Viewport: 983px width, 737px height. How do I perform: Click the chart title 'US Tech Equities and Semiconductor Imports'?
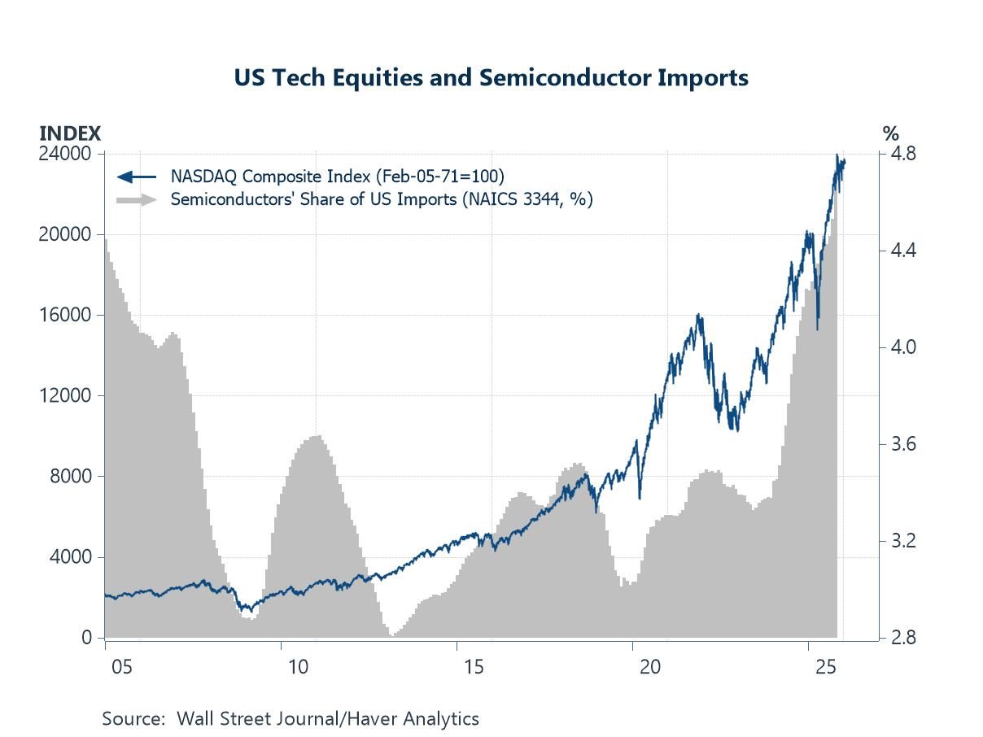(x=491, y=78)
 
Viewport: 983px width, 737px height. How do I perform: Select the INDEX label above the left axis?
(x=71, y=133)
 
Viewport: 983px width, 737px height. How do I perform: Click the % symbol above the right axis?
(x=890, y=133)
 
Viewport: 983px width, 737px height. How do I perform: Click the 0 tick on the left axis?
(x=87, y=638)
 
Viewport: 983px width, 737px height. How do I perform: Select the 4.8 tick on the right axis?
(x=904, y=154)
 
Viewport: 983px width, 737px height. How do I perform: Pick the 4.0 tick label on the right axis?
(x=904, y=347)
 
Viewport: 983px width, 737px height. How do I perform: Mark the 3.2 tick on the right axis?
(x=904, y=541)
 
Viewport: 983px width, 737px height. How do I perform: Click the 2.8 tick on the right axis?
(x=904, y=638)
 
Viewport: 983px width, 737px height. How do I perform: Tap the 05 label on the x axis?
(x=122, y=667)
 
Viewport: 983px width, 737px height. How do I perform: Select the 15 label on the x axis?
(x=474, y=667)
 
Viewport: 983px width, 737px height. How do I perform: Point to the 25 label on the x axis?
(x=825, y=667)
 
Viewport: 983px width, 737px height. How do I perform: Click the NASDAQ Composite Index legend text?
(x=337, y=176)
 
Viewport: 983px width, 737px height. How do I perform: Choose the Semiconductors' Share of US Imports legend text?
(x=381, y=199)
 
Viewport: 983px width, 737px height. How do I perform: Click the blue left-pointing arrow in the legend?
(x=137, y=176)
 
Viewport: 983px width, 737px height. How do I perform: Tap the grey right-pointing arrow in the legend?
(x=137, y=199)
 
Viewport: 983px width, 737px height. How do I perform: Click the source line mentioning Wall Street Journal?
(x=291, y=718)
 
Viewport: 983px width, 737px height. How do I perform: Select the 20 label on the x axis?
(x=649, y=667)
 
